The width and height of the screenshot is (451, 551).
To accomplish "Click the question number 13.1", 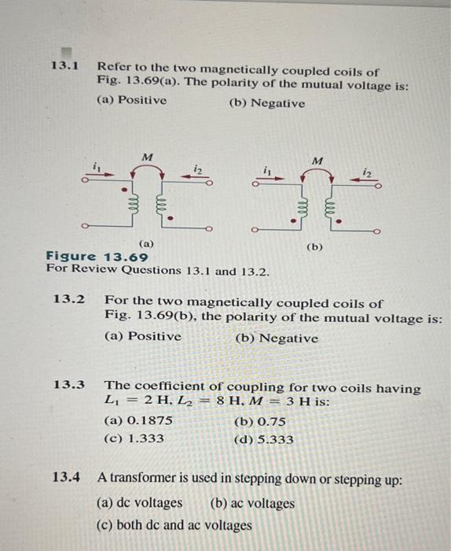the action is (65, 66).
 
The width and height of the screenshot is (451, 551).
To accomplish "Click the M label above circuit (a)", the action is (147, 154).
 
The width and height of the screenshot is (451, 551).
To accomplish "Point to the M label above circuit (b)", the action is (317, 161).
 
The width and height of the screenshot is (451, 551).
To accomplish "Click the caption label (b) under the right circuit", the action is (315, 246).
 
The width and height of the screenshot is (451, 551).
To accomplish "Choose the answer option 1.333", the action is (134, 439).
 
